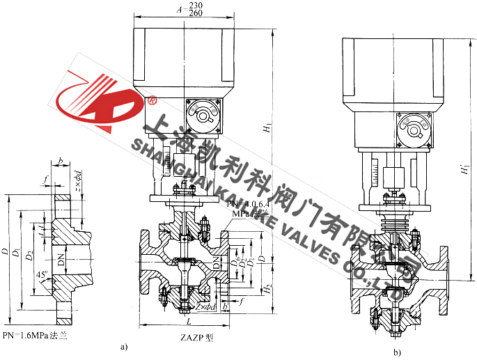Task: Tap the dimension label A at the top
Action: coord(179,10)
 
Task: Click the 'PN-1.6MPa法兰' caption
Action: coord(36,336)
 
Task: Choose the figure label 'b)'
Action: coord(398,352)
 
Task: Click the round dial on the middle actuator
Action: coord(203,114)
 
